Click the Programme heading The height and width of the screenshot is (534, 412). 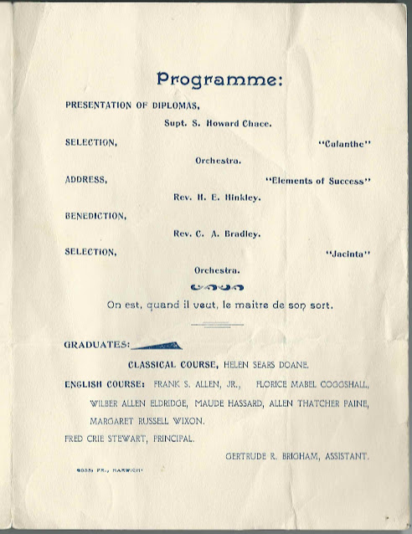pos(219,80)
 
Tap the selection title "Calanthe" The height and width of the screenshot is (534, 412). pos(344,143)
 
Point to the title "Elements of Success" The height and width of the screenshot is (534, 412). pos(317,181)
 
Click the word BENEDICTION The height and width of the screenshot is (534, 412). pos(95,215)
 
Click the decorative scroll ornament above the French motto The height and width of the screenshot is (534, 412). pos(218,287)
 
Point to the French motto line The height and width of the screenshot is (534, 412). pos(219,305)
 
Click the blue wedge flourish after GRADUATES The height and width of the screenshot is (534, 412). pos(157,345)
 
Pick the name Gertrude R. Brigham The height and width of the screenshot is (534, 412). pos(297,456)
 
